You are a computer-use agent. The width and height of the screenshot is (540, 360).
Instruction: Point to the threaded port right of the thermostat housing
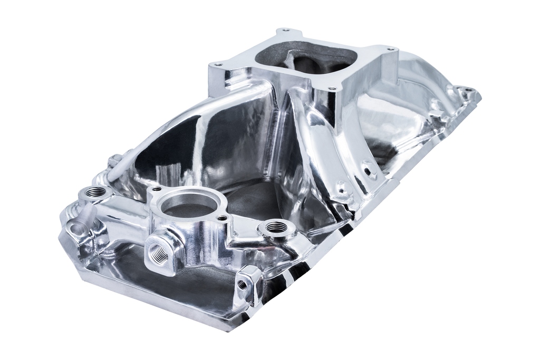point(274,227)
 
